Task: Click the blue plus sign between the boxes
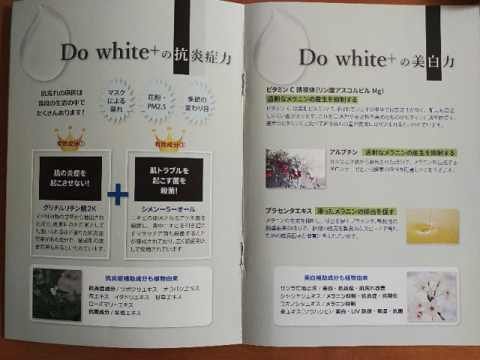click(118, 194)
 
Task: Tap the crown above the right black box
click(167, 137)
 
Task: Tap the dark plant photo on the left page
click(57, 295)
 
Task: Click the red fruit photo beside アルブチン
click(284, 168)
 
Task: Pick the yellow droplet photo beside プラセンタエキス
click(432, 226)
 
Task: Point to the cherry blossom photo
click(431, 295)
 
